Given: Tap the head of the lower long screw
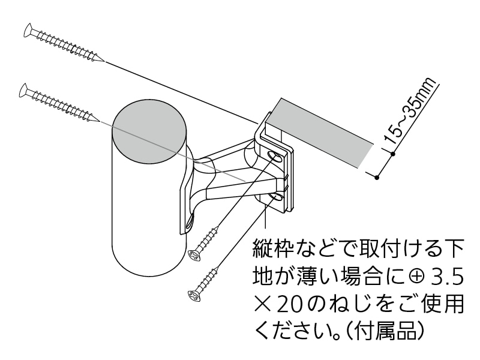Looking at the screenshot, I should tap(24, 89).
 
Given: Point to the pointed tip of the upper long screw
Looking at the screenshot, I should tap(103, 61).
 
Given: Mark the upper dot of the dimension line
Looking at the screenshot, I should tap(392, 154).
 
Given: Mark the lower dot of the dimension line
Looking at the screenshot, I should tap(376, 177).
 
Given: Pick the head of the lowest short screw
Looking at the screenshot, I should tap(193, 295).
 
